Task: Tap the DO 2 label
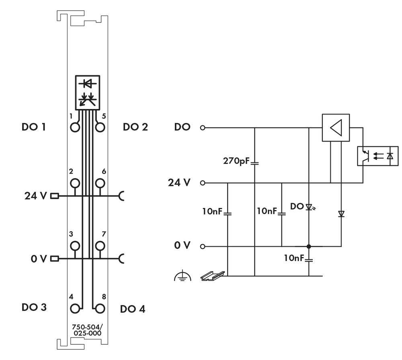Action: pyautogui.click(x=135, y=127)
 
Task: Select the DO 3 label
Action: pyautogui.click(x=34, y=307)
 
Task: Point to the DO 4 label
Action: pyautogui.click(x=133, y=309)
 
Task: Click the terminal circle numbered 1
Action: pyautogui.click(x=74, y=128)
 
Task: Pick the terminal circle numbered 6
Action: pyautogui.click(x=100, y=183)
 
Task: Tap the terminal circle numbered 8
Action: pyautogui.click(x=100, y=309)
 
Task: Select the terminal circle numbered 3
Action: pyautogui.click(x=74, y=246)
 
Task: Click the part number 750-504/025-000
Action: pyautogui.click(x=86, y=330)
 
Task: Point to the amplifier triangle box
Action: pyautogui.click(x=336, y=128)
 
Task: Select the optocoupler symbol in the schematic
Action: pyautogui.click(x=377, y=156)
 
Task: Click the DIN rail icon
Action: pyautogui.click(x=212, y=275)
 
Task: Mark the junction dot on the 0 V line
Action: pyautogui.click(x=308, y=246)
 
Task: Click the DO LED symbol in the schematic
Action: pyautogui.click(x=309, y=207)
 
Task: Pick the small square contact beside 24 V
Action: pyautogui.click(x=54, y=196)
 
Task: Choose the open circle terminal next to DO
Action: pyautogui.click(x=203, y=128)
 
